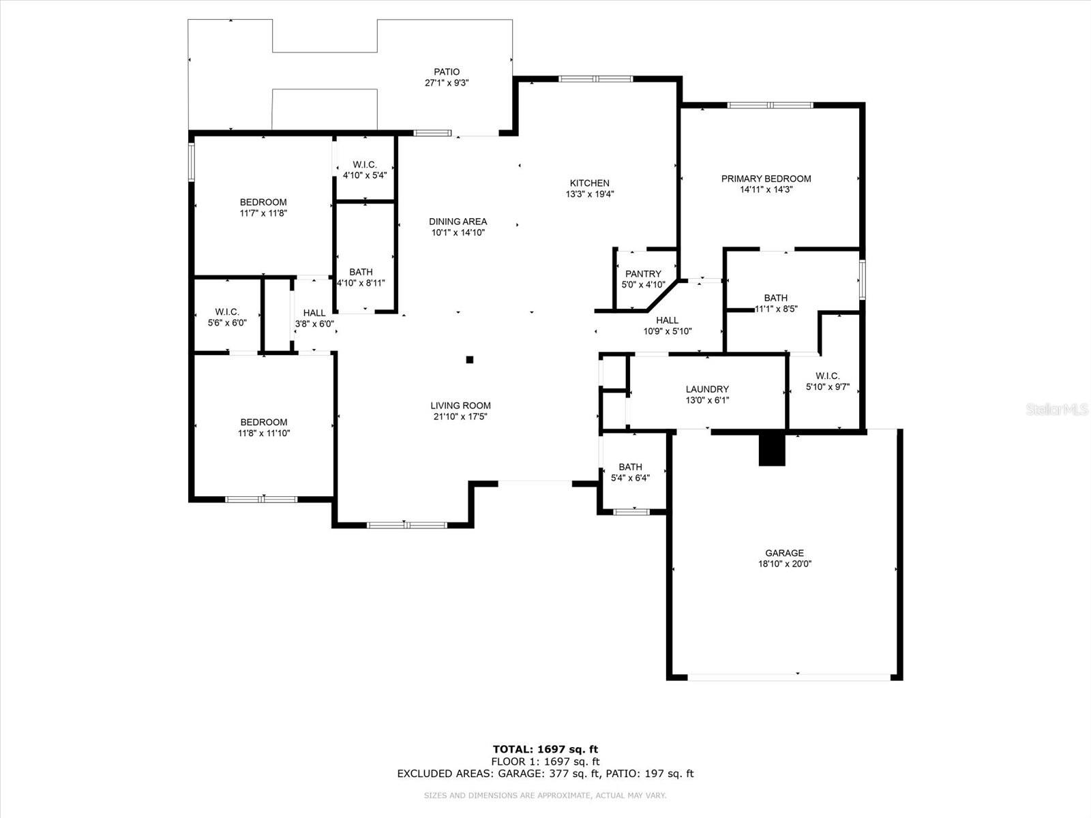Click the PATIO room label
(x=447, y=72)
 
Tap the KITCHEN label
(x=590, y=183)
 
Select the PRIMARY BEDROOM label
(x=766, y=179)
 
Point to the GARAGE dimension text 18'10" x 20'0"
(x=784, y=564)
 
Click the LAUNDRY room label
(x=707, y=389)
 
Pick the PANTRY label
(x=643, y=274)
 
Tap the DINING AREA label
(x=458, y=222)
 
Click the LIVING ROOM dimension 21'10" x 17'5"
(x=460, y=416)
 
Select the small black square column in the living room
(x=469, y=360)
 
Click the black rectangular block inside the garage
(x=772, y=449)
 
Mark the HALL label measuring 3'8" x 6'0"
(x=314, y=313)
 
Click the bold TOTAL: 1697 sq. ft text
(x=545, y=749)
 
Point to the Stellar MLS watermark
(x=1057, y=409)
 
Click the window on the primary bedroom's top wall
(x=770, y=105)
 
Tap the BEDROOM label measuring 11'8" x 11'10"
(x=263, y=422)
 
